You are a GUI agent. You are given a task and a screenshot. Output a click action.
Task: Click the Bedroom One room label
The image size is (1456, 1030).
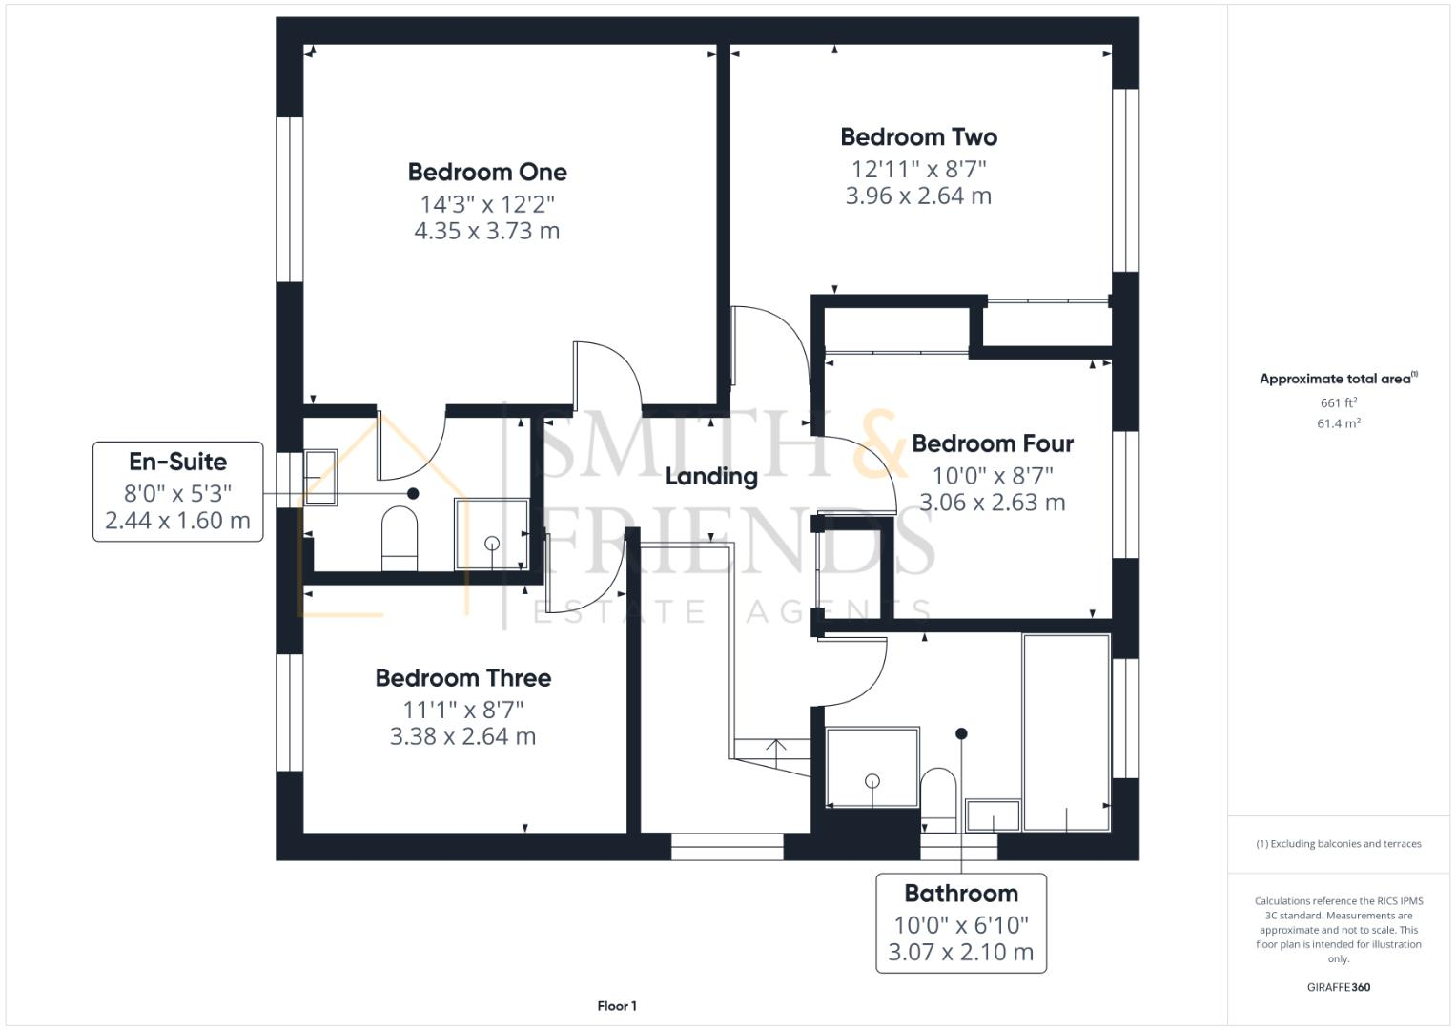click(487, 172)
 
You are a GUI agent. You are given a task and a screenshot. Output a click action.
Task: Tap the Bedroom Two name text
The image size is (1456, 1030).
click(918, 136)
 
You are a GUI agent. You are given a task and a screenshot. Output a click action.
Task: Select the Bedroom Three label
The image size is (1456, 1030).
click(462, 678)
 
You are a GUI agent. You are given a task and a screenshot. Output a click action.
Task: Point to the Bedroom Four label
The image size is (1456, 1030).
click(992, 443)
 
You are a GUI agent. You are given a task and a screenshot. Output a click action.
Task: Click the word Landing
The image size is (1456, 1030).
click(711, 476)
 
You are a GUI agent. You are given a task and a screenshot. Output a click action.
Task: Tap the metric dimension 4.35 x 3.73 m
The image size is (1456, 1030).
click(487, 231)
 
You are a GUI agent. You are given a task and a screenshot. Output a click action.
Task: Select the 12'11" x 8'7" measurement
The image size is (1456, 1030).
click(918, 169)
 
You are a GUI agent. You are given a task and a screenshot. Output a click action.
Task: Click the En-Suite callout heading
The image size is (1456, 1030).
click(178, 462)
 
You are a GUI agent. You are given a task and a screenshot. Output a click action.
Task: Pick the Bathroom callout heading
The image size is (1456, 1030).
click(961, 894)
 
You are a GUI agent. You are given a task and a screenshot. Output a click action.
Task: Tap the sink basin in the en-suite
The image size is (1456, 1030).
click(320, 476)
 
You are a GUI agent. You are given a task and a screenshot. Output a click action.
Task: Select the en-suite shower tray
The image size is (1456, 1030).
click(491, 534)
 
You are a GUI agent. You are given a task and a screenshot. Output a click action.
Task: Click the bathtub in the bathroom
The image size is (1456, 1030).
click(1066, 731)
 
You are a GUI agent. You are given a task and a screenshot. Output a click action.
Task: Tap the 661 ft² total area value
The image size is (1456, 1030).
click(1338, 402)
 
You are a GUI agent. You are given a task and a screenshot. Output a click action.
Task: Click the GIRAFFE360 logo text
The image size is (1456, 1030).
click(1338, 987)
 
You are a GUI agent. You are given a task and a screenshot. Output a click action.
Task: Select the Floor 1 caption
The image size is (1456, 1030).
click(617, 1006)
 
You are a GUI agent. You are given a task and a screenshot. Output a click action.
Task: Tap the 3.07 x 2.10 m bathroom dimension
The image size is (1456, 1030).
click(961, 952)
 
